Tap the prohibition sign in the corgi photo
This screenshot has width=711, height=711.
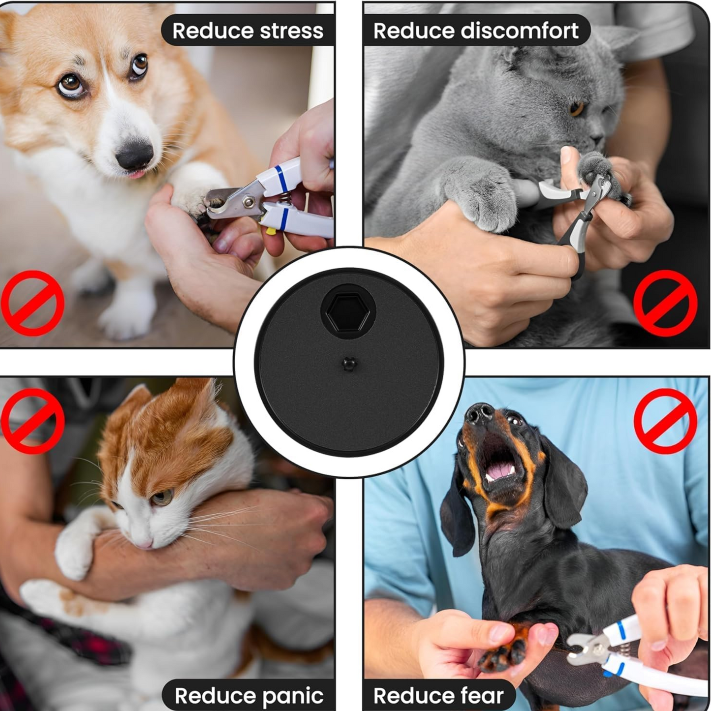(32, 303)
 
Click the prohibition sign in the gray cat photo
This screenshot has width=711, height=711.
(665, 303)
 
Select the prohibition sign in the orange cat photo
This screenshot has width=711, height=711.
(32, 421)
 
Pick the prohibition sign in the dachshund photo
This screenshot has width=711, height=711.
(665, 421)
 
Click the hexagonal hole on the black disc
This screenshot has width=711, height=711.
(348, 311)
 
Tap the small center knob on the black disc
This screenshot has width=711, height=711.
(349, 364)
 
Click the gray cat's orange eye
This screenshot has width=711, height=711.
(576, 108)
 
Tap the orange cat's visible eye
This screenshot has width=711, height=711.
(162, 497)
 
